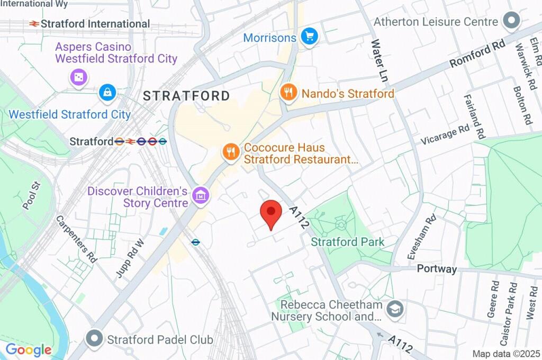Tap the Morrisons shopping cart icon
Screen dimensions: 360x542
click(x=309, y=37)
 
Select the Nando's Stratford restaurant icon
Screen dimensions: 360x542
click(x=288, y=93)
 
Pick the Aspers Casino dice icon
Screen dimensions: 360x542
click(x=78, y=77)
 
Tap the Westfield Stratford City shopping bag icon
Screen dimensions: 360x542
click(x=107, y=93)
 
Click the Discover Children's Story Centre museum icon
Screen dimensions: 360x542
click(x=201, y=196)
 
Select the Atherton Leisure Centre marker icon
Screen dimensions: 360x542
click(x=511, y=21)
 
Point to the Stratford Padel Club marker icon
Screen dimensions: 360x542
click(x=95, y=338)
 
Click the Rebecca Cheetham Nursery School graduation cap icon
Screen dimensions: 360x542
click(x=395, y=309)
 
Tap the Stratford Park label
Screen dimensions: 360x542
click(x=347, y=242)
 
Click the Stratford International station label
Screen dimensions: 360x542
click(x=95, y=24)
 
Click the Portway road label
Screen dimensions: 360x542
click(x=437, y=268)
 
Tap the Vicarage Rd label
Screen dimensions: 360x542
click(x=445, y=135)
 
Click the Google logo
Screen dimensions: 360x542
click(x=29, y=349)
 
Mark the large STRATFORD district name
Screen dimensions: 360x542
click(x=187, y=96)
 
